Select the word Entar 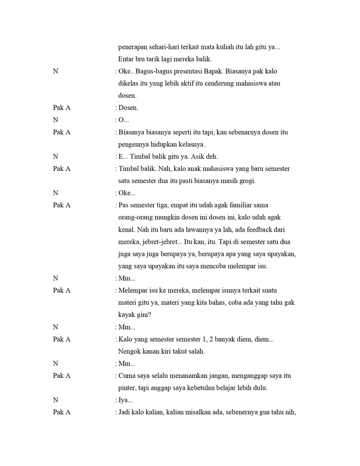(127, 59)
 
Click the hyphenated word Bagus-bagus (152, 71)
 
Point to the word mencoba (212, 266)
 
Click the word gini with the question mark (143, 315)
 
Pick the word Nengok (129, 351)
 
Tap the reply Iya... (125, 400)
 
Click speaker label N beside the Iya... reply (55, 400)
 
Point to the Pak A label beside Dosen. (62, 108)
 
